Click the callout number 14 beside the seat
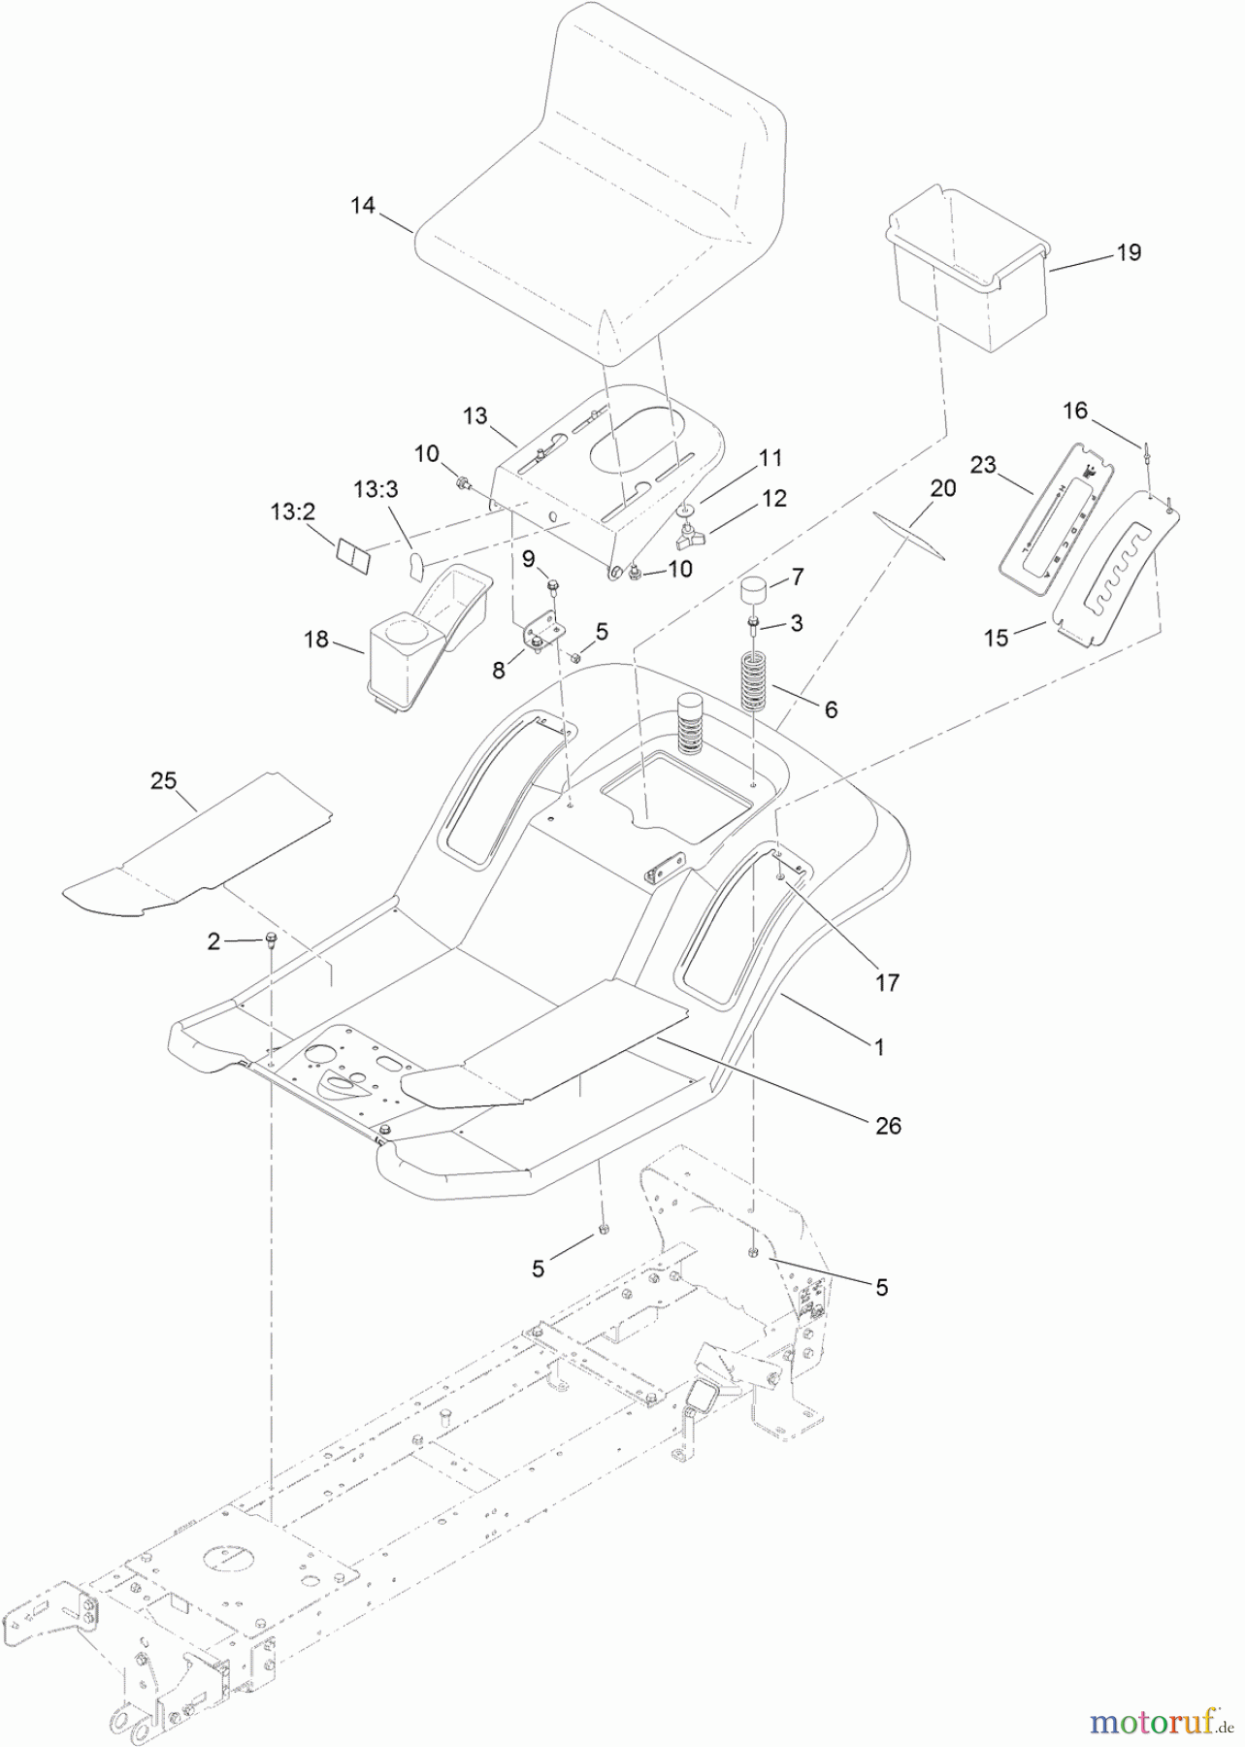[362, 206]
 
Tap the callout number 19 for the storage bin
[1129, 252]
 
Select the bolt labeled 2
[271, 939]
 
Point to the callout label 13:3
[376, 490]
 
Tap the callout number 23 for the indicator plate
[983, 465]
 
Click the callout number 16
[1074, 411]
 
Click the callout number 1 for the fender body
[879, 1048]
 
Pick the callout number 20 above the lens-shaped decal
[942, 488]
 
